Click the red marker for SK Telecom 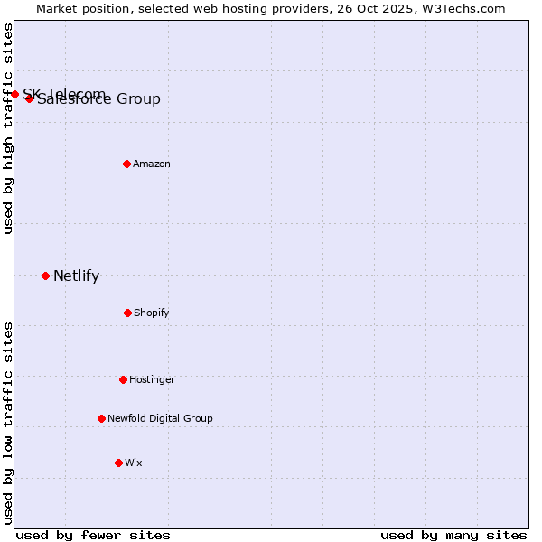14,94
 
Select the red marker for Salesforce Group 30,98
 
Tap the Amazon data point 127,164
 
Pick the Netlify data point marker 46,276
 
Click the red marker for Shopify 128,313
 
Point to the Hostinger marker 124,379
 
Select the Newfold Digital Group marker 102,418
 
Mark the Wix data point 119,463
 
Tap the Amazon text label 152,164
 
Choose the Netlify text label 76,276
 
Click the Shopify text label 152,313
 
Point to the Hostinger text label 152,379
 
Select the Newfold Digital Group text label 160,418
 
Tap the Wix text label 134,463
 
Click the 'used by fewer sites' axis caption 93,535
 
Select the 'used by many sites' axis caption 453,535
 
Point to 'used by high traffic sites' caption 8,128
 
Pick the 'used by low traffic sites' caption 8,422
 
